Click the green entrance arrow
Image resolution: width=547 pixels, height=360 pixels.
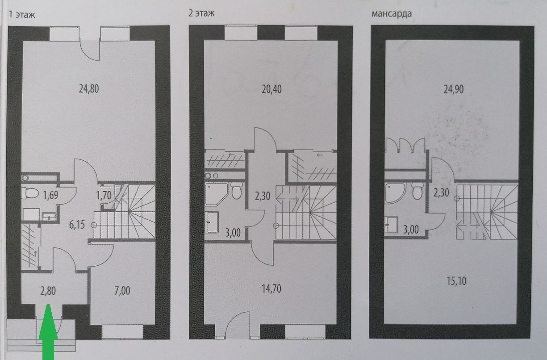coord(49,333)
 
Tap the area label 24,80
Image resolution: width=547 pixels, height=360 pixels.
coord(88,88)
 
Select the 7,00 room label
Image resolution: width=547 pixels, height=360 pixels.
coord(121,291)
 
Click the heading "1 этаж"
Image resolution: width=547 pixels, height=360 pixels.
coord(21,14)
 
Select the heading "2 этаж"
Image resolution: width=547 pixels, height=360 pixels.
coord(201,13)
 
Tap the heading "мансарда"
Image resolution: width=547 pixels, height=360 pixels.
coord(391,13)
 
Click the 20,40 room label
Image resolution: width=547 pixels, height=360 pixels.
coord(272,88)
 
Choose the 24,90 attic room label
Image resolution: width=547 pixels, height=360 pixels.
coord(455,88)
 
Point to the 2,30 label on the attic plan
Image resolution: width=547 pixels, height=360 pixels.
coord(441,193)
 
